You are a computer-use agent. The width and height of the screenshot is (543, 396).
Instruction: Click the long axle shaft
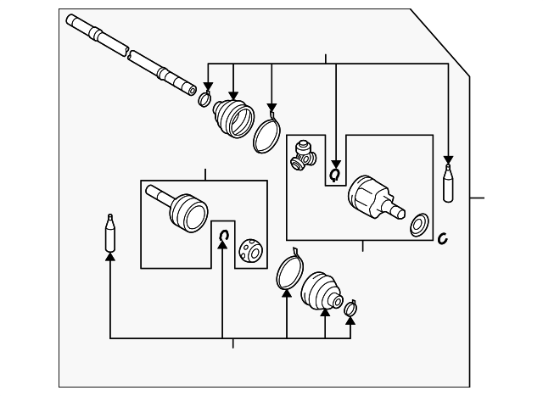coord(132,53)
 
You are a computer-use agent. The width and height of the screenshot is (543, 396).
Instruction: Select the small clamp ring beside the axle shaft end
coord(204,101)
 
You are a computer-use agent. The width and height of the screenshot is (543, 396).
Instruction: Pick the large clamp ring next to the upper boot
coord(268,133)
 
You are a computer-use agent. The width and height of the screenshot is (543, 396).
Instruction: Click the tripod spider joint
coord(303,155)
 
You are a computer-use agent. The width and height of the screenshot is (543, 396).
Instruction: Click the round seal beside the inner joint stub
coord(418,225)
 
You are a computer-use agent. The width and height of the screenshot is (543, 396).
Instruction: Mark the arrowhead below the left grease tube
coord(109,255)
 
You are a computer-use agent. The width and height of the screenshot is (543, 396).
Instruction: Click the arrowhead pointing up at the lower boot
coord(325,314)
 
